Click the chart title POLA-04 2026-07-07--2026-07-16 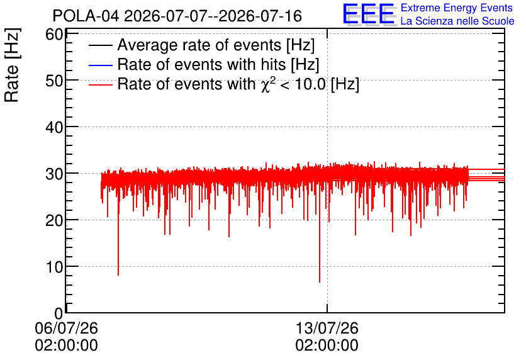[177, 16]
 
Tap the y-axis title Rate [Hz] [12, 65]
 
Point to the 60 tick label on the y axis [54, 34]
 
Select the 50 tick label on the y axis [54, 81]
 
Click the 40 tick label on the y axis [54, 127]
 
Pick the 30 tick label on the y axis [54, 174]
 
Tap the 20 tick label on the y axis [54, 220]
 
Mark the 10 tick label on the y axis [54, 267]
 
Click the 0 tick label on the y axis [59, 313]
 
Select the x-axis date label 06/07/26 [67, 328]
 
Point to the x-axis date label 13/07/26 [327, 328]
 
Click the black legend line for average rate [100, 45]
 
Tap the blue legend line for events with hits [100, 65]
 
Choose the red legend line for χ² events [100, 85]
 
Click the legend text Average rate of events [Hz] [216, 45]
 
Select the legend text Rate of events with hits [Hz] [218, 65]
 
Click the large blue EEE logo [369, 14]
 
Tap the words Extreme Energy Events [457, 8]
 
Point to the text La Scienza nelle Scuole [457, 21]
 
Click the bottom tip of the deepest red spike [320, 282]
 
